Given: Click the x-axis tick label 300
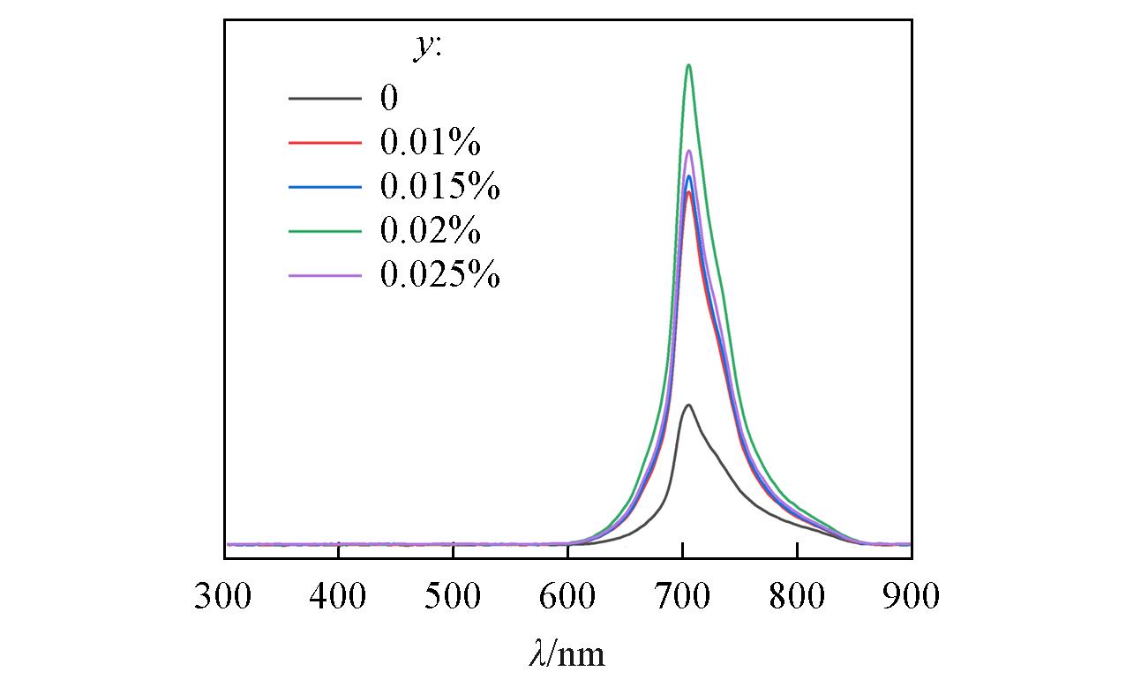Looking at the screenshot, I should (x=223, y=597).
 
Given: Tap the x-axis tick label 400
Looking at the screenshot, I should (x=338, y=597).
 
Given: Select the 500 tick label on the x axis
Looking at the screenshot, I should (x=453, y=597).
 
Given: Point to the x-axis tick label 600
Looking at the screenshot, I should (x=567, y=597).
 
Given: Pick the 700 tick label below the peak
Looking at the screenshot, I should (x=682, y=597).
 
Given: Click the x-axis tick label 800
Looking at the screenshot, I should (x=797, y=597).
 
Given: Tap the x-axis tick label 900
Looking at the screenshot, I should (x=911, y=597).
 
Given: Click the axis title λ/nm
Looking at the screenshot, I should (x=567, y=654).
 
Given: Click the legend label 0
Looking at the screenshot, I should (x=389, y=97).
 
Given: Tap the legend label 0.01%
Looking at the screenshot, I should (x=430, y=142).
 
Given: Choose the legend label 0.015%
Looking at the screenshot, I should (x=439, y=187).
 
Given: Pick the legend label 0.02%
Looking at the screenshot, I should (x=430, y=231).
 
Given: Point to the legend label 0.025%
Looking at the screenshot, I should (x=439, y=276).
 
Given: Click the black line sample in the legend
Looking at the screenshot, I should (x=325, y=97).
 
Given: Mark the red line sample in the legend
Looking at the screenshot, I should (x=325, y=142).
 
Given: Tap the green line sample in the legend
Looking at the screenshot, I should (x=325, y=231).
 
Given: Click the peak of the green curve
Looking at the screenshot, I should (x=688, y=65).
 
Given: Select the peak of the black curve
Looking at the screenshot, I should (x=687, y=405).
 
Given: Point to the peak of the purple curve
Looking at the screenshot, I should (x=688, y=151).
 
